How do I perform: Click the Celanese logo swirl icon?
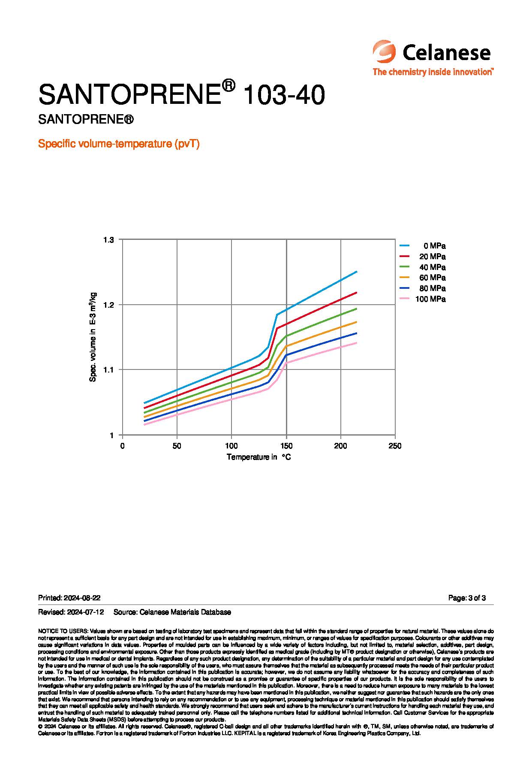(384, 52)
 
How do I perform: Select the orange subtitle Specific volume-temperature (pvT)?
(119, 144)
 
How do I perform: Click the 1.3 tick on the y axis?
(108, 239)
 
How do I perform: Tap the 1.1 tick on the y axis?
(108, 369)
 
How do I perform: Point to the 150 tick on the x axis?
(286, 446)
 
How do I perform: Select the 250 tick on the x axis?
(395, 446)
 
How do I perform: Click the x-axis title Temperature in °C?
(258, 457)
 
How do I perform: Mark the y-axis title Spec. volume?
(93, 337)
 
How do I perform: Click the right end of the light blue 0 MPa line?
(357, 272)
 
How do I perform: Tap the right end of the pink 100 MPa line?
(357, 342)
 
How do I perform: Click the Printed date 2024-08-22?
(69, 598)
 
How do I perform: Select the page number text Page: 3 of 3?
(467, 598)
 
